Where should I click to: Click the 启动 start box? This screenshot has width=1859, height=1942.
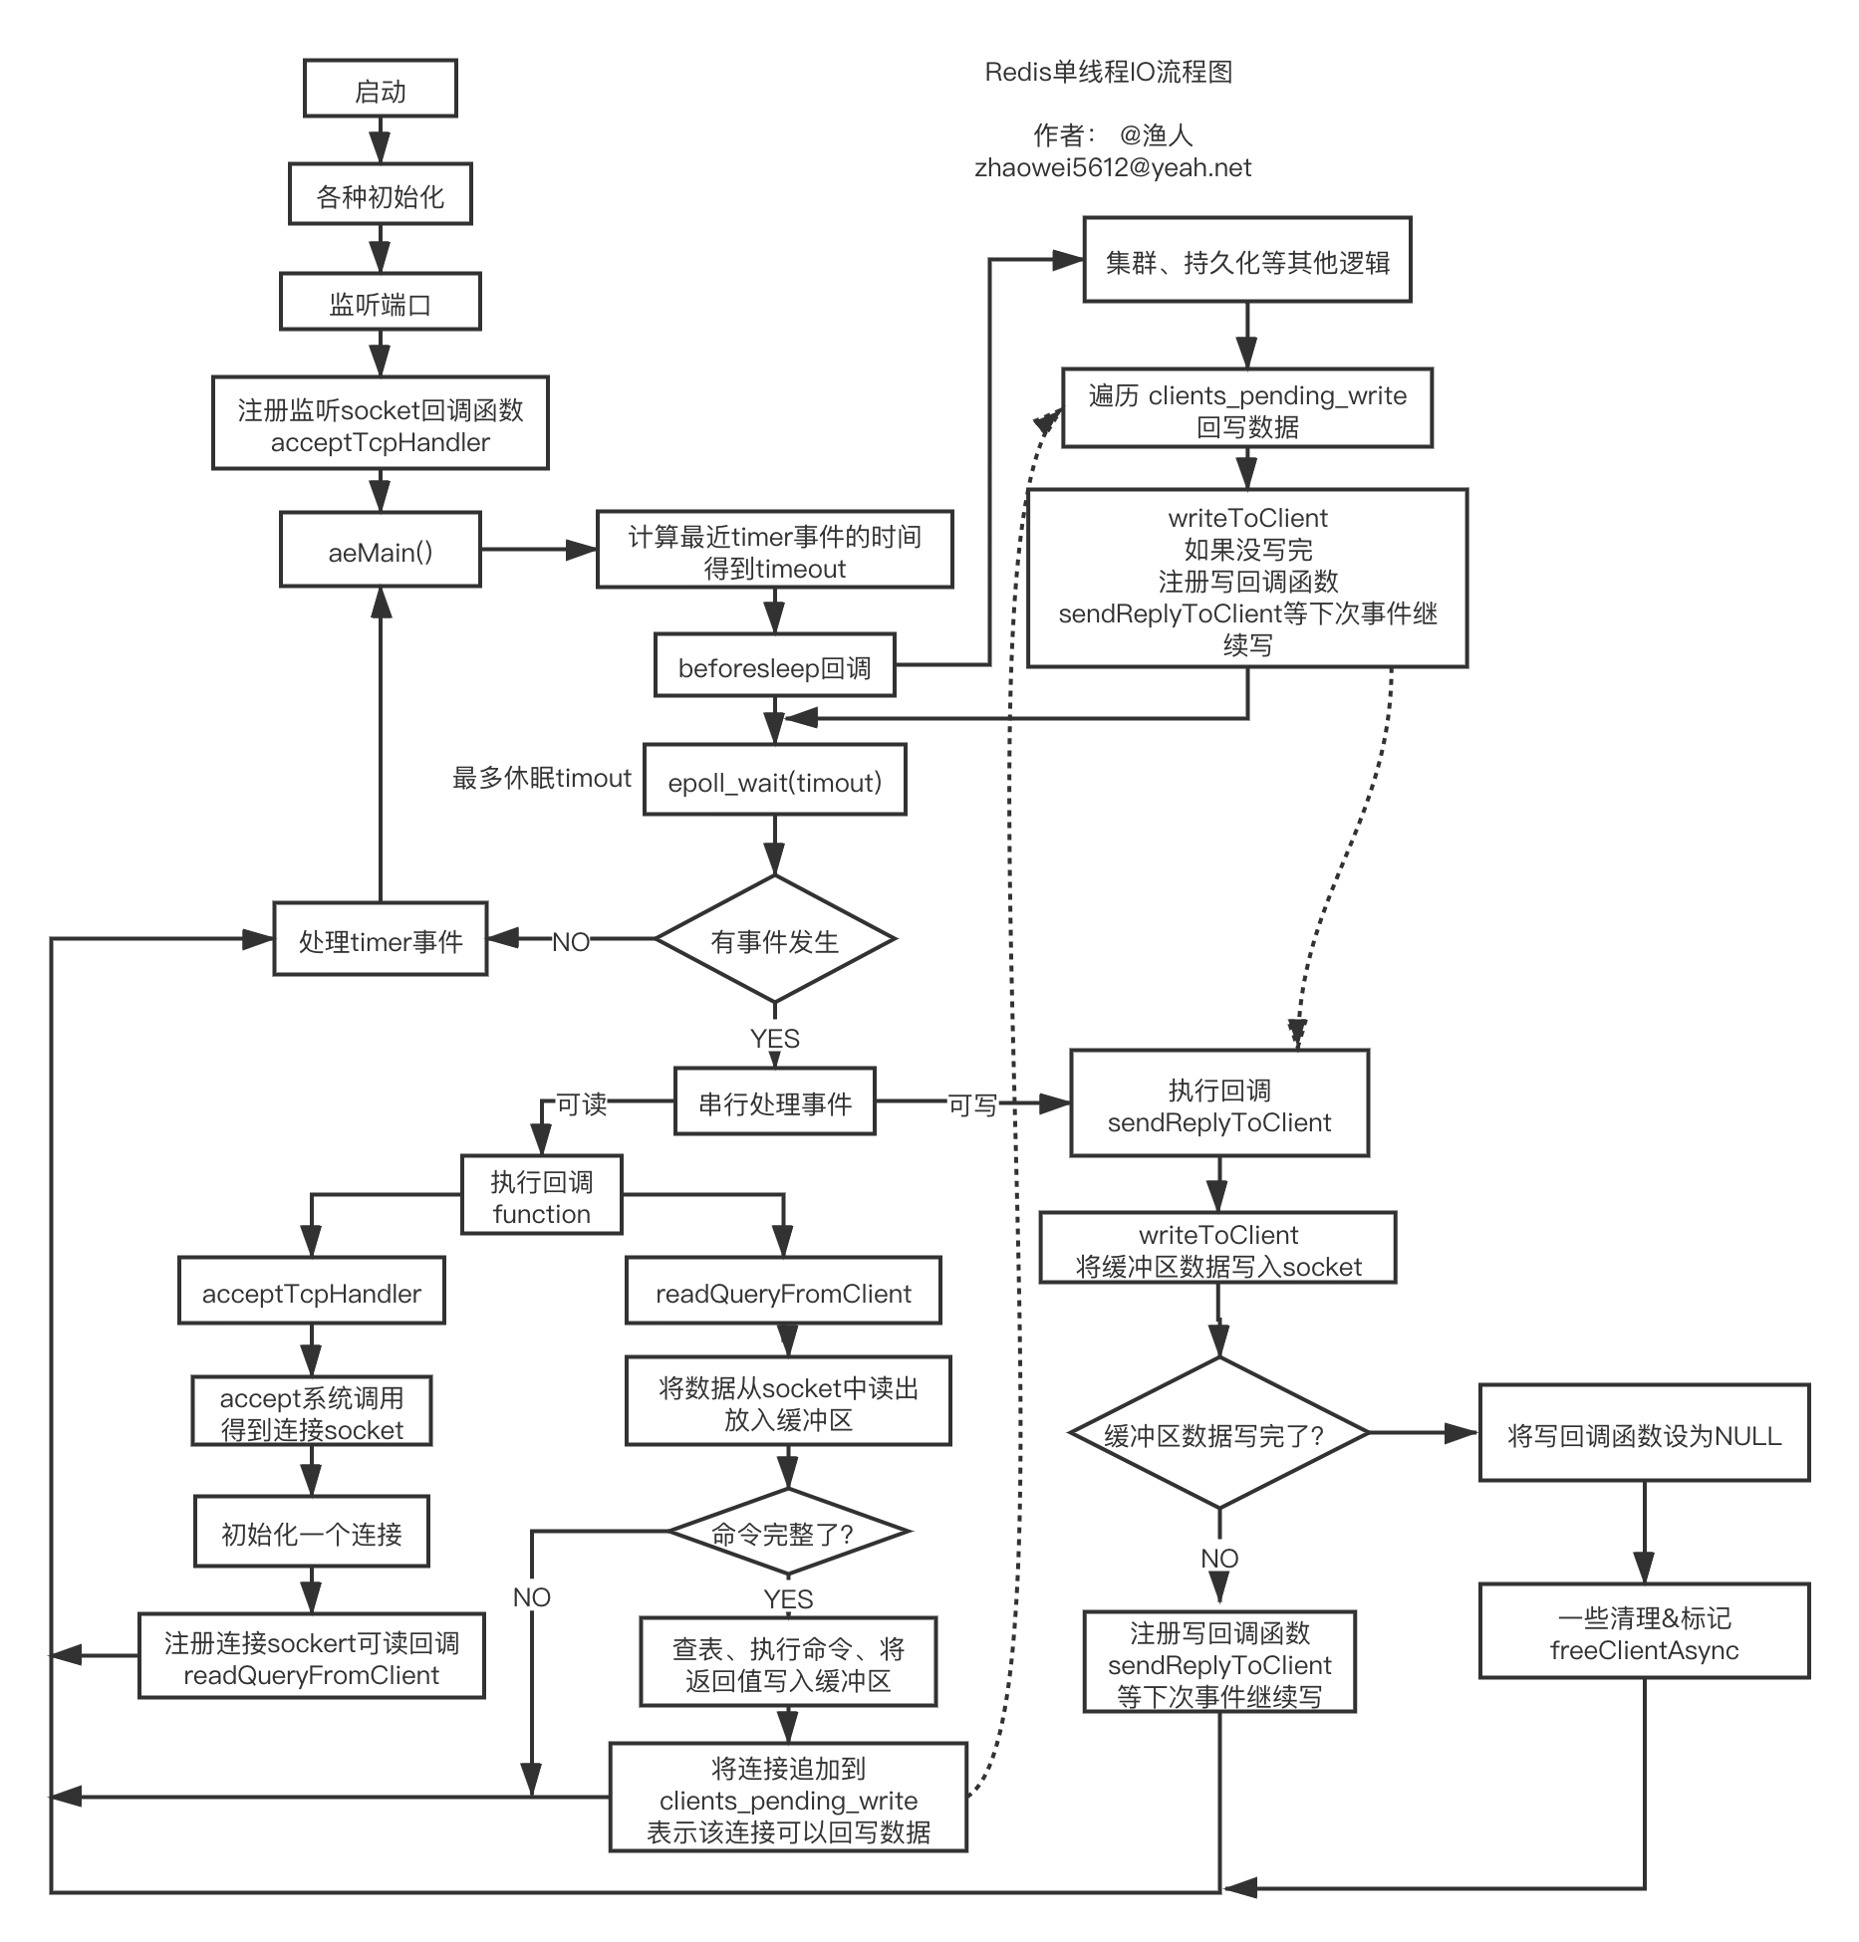[x=381, y=89]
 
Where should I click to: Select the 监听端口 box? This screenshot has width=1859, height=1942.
[x=381, y=302]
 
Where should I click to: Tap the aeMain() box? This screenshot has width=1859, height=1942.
[x=381, y=550]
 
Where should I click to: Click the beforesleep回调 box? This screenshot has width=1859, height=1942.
[x=775, y=665]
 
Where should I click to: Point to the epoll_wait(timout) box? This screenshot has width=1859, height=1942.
[x=775, y=780]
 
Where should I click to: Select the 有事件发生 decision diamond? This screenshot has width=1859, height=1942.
[x=775, y=939]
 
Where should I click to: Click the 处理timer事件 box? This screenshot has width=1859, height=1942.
[x=381, y=939]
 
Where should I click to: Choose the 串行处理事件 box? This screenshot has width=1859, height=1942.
[x=775, y=1101]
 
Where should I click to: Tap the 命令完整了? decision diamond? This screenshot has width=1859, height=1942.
[x=788, y=1532]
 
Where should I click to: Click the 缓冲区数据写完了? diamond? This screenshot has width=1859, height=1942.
[x=1219, y=1433]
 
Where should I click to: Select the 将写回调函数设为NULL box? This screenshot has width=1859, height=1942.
[x=1645, y=1433]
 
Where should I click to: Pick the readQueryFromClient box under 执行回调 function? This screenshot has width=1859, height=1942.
[x=784, y=1292]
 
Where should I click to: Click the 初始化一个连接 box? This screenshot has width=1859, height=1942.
[x=312, y=1532]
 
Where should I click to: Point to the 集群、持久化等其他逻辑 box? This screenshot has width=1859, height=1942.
[x=1247, y=260]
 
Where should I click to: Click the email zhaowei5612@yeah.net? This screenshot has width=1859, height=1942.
[x=1113, y=167]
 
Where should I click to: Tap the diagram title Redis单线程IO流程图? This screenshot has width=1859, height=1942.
[x=1109, y=72]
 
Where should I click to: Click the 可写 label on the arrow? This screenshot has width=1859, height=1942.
[x=972, y=1104]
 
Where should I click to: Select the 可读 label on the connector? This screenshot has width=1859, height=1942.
[x=581, y=1103]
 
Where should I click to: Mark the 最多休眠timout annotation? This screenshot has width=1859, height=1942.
[x=542, y=778]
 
